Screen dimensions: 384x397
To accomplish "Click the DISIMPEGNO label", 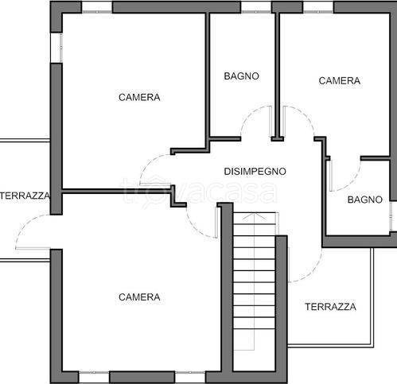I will (x=255, y=171).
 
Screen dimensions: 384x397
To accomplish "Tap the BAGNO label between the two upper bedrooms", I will (x=241, y=76).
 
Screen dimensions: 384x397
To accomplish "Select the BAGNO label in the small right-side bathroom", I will (x=365, y=200).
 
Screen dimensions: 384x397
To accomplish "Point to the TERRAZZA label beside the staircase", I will (x=330, y=306).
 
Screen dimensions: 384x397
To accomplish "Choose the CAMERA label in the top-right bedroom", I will (x=340, y=80).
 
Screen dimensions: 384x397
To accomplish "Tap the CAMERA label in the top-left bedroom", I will (x=139, y=98).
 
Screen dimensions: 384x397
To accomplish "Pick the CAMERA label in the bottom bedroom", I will (x=139, y=297).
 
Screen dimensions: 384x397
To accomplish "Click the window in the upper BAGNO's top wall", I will (x=255, y=7).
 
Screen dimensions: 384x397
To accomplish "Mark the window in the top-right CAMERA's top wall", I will (x=318, y=7).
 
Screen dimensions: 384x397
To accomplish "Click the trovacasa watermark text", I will (x=199, y=191).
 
